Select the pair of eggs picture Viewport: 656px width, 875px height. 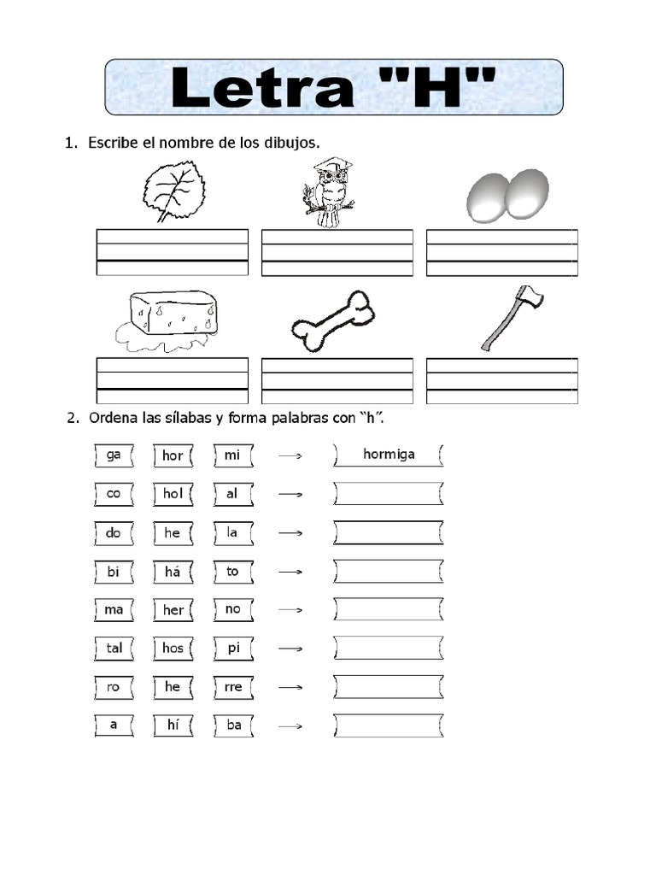point(507,196)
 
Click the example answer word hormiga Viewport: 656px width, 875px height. point(389,455)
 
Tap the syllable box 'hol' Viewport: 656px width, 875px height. point(173,494)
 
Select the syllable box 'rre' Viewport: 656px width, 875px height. point(232,687)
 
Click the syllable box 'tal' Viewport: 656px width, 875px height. point(114,648)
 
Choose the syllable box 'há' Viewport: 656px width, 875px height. point(173,572)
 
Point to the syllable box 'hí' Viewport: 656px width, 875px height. point(173,725)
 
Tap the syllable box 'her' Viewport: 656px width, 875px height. point(173,610)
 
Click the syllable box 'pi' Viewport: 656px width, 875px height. point(232,648)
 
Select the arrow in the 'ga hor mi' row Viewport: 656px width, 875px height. point(291,456)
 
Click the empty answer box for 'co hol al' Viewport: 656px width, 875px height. point(389,494)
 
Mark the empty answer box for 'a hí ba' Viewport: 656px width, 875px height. point(389,725)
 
